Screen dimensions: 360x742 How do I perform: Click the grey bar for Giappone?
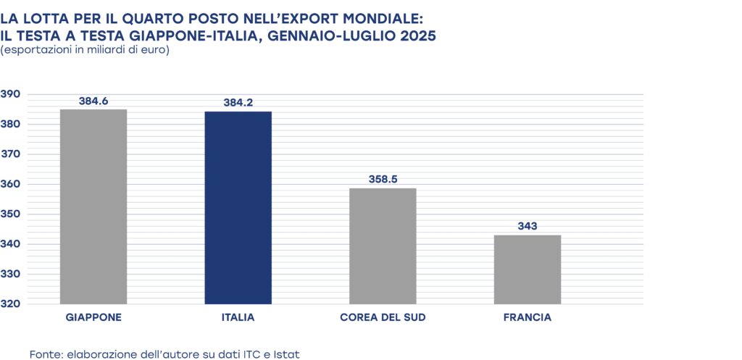pos(93,206)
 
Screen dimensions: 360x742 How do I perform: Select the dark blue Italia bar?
pos(238,208)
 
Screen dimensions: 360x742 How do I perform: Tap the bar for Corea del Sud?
pos(383,246)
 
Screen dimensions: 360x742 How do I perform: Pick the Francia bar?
pos(527,269)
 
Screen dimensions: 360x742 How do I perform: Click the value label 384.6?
pos(93,101)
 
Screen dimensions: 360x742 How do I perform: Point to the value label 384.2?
pos(238,103)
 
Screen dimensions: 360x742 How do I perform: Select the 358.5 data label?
pos(383,179)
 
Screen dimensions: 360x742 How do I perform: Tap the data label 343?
pos(527,226)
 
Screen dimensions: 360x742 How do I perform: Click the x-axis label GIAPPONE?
pos(93,318)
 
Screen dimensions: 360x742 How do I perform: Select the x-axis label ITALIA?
pos(238,318)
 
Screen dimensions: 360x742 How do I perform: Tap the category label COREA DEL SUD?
pos(383,318)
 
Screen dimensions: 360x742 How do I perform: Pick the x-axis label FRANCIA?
pos(527,318)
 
